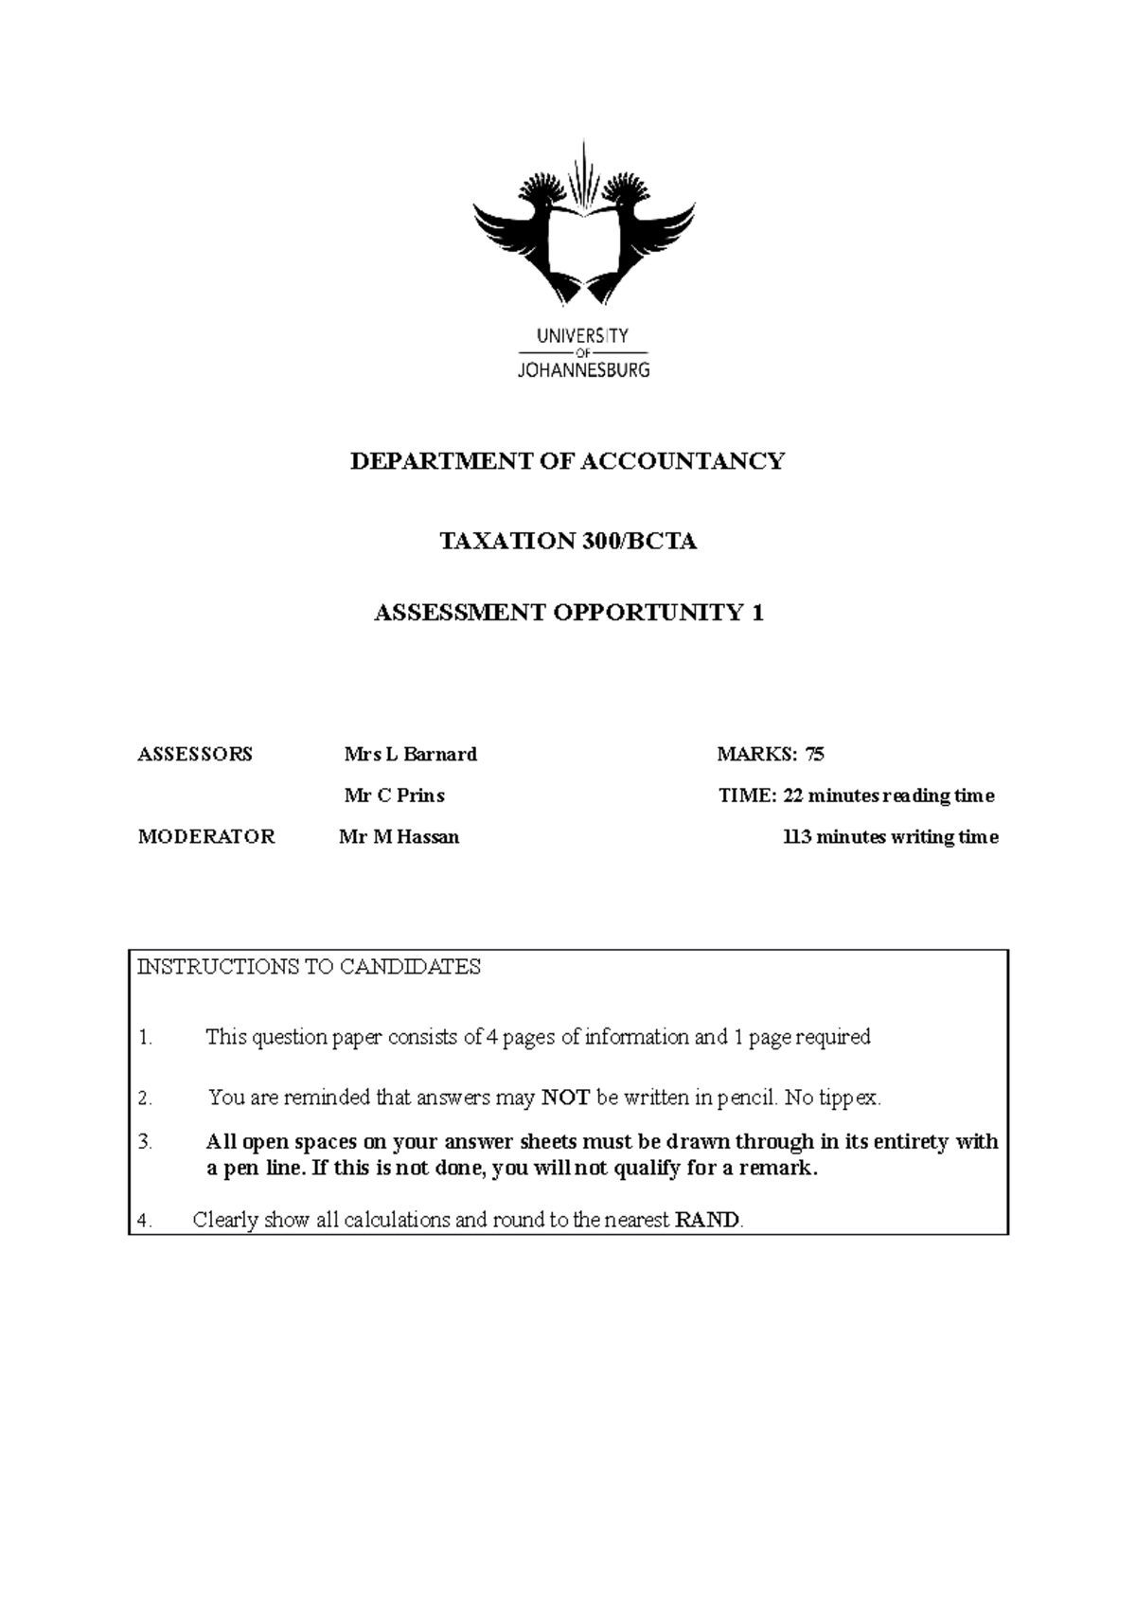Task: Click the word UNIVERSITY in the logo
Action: [582, 335]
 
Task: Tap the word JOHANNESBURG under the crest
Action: [583, 370]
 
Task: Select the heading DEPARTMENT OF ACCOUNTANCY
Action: [567, 461]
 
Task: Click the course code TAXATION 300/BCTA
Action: [568, 542]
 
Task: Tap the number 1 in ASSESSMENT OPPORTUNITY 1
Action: [756, 613]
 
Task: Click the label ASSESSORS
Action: [195, 755]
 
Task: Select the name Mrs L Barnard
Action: [410, 755]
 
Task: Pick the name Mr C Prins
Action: [394, 796]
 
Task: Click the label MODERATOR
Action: [206, 837]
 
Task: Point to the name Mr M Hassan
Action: [399, 837]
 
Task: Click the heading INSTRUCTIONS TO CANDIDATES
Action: [310, 967]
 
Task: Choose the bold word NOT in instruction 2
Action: [565, 1099]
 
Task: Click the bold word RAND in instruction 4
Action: [706, 1221]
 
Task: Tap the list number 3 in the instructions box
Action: [144, 1142]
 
